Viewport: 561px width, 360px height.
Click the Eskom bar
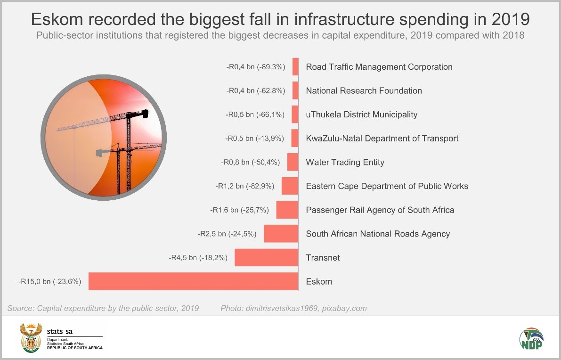[193, 281]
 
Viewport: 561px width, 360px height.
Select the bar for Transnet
[267, 258]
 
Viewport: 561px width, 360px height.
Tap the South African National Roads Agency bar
[281, 234]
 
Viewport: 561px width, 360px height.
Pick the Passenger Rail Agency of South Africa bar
[287, 210]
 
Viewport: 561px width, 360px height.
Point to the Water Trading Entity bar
[293, 162]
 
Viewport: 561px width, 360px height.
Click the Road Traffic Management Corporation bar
[295, 66]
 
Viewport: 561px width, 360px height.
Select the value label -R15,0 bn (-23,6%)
[50, 282]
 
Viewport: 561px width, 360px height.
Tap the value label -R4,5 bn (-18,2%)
[198, 258]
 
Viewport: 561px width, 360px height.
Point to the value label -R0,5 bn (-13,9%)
[256, 139]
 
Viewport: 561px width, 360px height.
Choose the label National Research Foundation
[364, 90]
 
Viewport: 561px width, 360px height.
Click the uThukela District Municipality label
[361, 115]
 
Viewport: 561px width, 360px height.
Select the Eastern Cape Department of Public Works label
[387, 186]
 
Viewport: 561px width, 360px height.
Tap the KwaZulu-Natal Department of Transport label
[382, 139]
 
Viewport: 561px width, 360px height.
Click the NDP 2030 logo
[531, 339]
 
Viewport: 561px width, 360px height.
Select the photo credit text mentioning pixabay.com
[293, 309]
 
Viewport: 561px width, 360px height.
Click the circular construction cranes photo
[104, 137]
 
